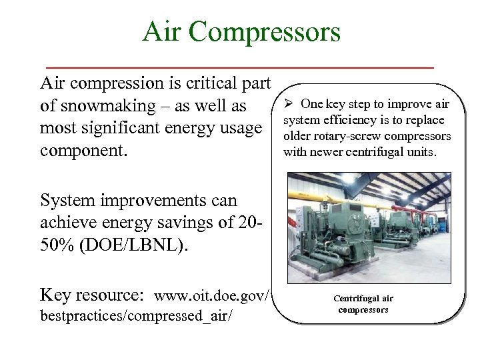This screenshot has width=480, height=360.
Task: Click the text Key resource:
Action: pos(93,295)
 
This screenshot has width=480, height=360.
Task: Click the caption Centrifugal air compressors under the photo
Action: pos(363,304)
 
